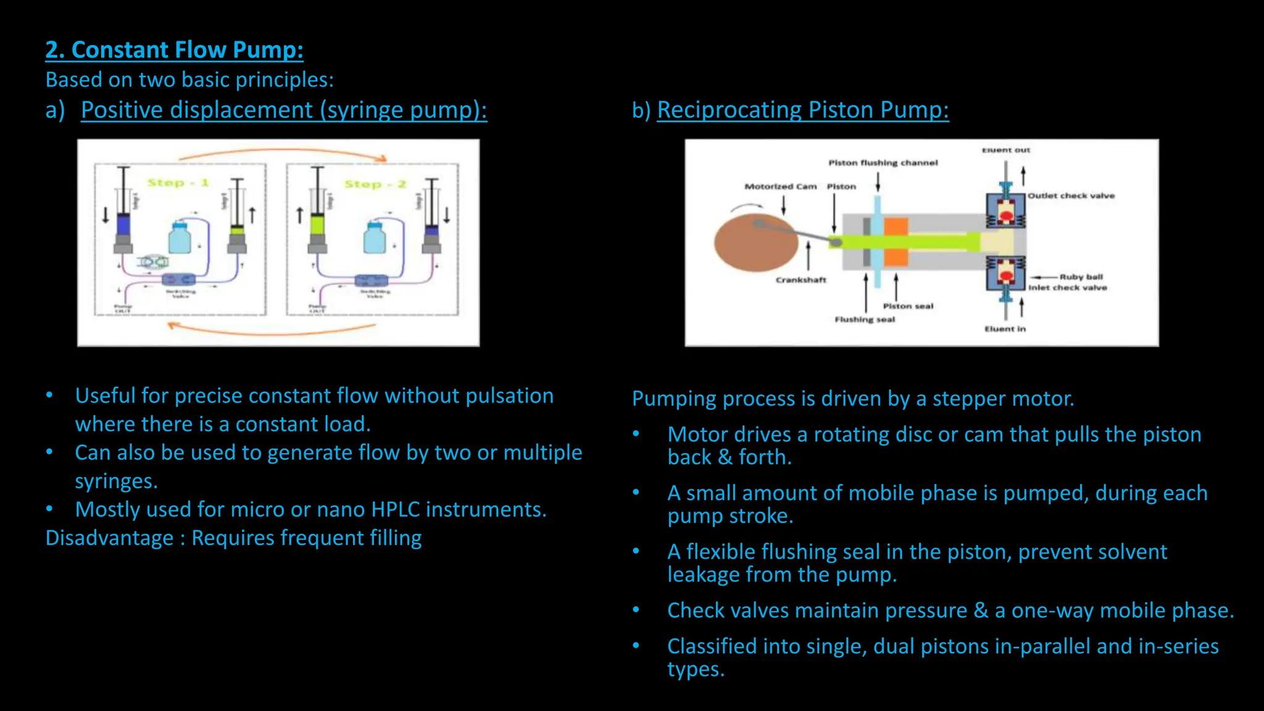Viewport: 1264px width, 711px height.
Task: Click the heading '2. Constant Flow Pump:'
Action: pyautogui.click(x=174, y=49)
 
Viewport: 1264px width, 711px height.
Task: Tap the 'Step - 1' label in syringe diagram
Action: pyautogui.click(x=178, y=183)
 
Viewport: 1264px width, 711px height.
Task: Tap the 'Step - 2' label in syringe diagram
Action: pyautogui.click(x=375, y=184)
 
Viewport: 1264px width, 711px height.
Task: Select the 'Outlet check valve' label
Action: pyautogui.click(x=1071, y=196)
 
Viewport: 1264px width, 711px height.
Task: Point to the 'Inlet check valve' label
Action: pyautogui.click(x=1067, y=288)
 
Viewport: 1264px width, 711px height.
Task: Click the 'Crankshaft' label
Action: pyautogui.click(x=800, y=280)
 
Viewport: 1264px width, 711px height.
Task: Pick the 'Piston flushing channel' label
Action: pyautogui.click(x=883, y=163)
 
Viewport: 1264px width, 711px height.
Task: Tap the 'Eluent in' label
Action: pyautogui.click(x=1004, y=329)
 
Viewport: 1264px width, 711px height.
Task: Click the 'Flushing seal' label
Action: pyautogui.click(x=864, y=319)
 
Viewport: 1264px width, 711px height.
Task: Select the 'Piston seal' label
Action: pyautogui.click(x=908, y=306)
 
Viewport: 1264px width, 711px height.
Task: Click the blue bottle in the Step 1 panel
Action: pyautogui.click(x=180, y=238)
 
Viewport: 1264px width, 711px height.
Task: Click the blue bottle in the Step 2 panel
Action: pyautogui.click(x=375, y=238)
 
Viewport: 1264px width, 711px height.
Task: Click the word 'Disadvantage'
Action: pyautogui.click(x=109, y=538)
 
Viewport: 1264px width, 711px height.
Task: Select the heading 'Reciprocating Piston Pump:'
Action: pyautogui.click(x=802, y=110)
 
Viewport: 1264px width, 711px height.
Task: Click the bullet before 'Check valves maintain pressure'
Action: pyautogui.click(x=636, y=610)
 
